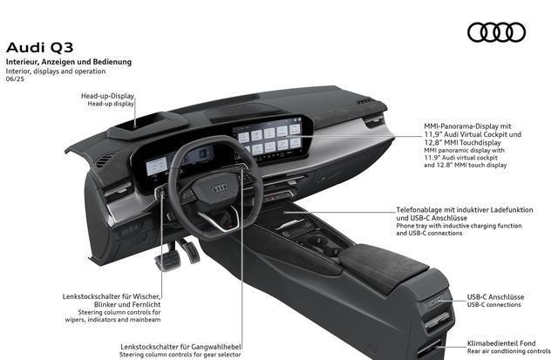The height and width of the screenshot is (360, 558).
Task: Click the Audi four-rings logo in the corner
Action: point(496,32)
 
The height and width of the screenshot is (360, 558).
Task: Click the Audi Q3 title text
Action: point(39,48)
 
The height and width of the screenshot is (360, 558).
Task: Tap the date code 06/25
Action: point(15,79)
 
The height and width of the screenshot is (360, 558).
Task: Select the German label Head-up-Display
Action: point(107,96)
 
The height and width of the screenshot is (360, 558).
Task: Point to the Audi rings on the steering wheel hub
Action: point(220,188)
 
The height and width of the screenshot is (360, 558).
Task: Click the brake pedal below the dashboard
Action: point(168,262)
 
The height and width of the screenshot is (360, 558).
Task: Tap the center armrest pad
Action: point(383,265)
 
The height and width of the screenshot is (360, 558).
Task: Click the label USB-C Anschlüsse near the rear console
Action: point(495,297)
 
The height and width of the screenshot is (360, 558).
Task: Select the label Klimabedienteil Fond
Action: point(501,343)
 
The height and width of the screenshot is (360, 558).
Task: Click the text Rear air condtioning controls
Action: point(509,351)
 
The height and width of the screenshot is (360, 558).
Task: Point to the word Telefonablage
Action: point(417,210)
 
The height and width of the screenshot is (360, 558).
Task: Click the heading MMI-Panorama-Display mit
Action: point(467,126)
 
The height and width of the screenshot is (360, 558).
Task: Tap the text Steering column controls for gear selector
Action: point(180,355)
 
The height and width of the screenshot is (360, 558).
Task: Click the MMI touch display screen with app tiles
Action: point(271,139)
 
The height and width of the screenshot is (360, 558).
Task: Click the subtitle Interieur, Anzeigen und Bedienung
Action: point(69,62)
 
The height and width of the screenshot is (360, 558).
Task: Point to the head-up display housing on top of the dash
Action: point(147,126)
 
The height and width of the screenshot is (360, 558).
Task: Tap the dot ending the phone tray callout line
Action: point(285,213)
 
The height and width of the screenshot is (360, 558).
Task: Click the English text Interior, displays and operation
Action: point(56,71)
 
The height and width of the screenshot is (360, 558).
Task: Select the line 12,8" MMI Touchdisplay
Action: point(462,143)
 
